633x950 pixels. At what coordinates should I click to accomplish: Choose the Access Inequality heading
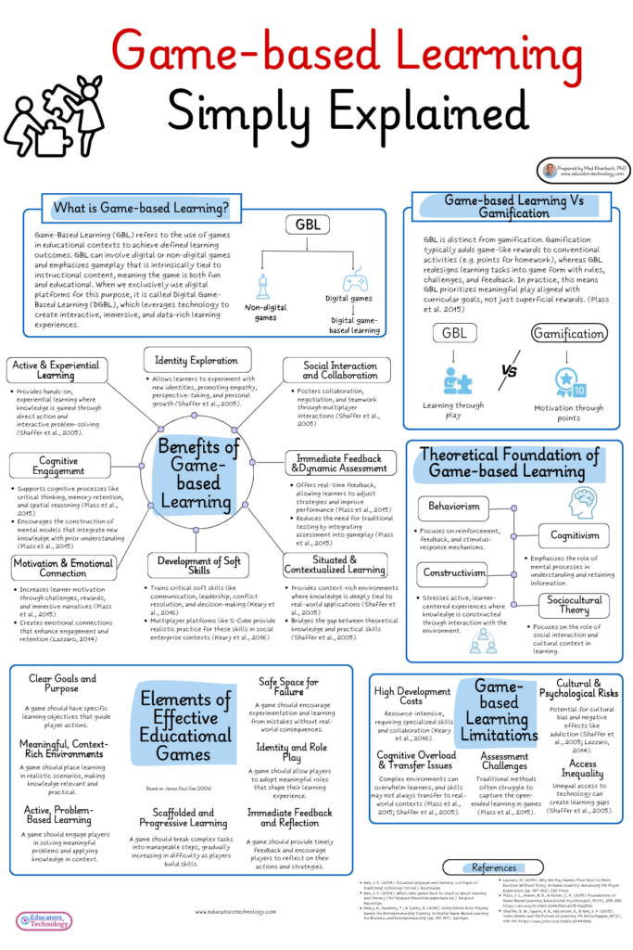tap(583, 770)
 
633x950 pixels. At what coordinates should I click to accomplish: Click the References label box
tap(494, 867)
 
